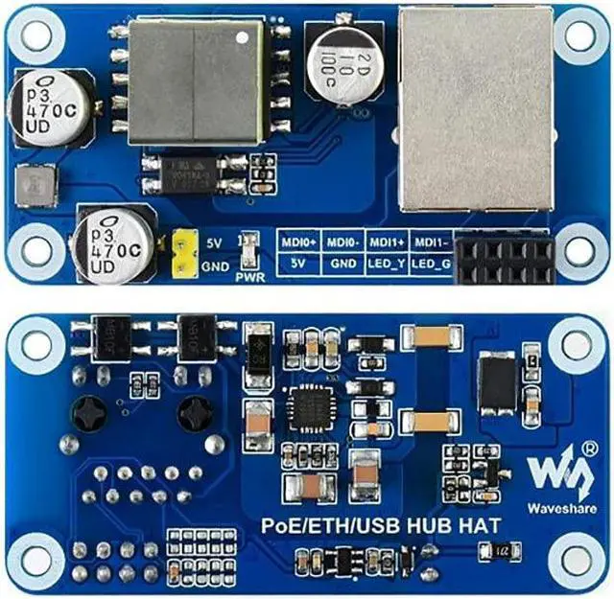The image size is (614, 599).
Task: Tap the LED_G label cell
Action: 433,262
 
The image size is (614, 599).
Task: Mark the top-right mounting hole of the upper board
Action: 580,35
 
